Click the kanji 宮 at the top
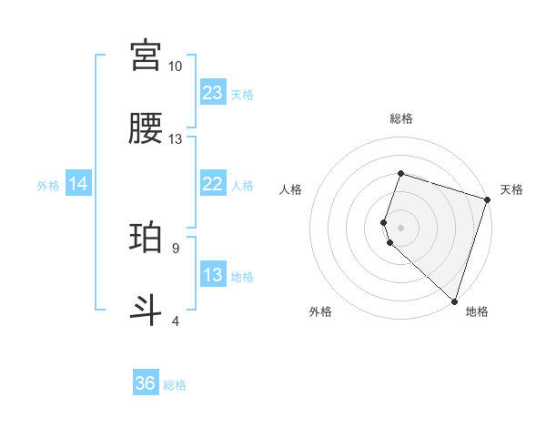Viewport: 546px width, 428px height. click(x=146, y=56)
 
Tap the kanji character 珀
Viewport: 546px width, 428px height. click(x=146, y=238)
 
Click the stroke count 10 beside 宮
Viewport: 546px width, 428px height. click(x=176, y=66)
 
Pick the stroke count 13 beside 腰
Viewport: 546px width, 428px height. click(x=176, y=139)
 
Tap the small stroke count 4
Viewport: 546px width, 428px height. click(x=176, y=321)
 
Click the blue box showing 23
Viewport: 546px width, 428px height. click(x=213, y=92)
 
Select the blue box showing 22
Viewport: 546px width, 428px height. click(x=213, y=184)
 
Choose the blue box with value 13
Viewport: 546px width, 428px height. click(x=213, y=275)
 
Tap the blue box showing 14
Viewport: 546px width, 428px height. click(x=78, y=184)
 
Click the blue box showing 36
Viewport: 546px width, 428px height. click(x=146, y=383)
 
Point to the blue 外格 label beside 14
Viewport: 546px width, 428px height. click(x=48, y=185)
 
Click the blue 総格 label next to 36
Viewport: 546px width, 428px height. click(x=175, y=384)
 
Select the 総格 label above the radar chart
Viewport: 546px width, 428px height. click(x=401, y=118)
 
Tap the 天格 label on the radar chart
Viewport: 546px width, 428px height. click(x=511, y=189)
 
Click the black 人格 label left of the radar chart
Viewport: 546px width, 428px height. click(x=291, y=189)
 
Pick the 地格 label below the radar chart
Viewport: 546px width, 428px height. click(x=477, y=311)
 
